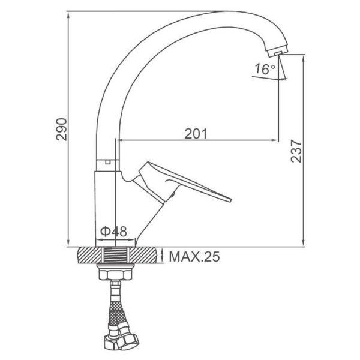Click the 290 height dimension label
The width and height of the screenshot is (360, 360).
click(62, 129)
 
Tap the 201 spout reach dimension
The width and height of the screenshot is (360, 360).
click(196, 134)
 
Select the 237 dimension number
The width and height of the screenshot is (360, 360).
click(296, 151)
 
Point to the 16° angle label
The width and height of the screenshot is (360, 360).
click(265, 69)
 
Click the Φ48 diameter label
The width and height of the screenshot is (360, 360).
click(113, 231)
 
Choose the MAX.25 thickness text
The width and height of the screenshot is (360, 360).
click(194, 257)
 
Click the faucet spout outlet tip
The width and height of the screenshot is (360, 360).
click(278, 53)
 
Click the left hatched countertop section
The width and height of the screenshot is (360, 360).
click(89, 255)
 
